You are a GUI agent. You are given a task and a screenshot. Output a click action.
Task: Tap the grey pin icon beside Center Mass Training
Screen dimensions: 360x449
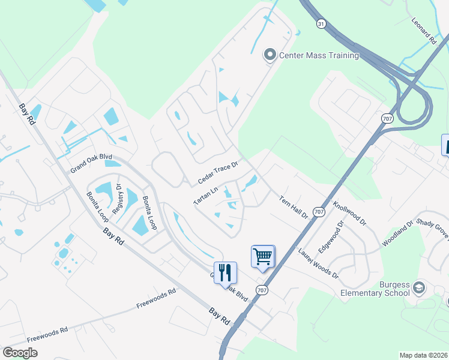click(x=270, y=55)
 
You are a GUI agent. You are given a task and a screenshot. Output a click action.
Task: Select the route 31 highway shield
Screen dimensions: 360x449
click(x=322, y=23)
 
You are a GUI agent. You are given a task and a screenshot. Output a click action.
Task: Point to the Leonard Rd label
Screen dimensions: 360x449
click(x=423, y=31)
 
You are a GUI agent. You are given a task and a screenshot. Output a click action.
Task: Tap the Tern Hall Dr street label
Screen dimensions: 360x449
click(x=294, y=206)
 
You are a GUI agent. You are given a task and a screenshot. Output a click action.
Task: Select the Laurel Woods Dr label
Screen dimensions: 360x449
click(x=318, y=263)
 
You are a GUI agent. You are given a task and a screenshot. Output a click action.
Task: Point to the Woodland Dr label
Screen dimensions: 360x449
click(x=398, y=235)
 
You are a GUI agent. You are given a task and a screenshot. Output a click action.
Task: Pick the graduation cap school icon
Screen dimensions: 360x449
click(x=418, y=289)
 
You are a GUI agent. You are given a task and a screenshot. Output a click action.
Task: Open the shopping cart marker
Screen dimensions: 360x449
click(x=263, y=257)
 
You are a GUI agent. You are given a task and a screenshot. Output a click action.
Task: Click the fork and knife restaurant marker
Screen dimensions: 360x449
click(x=225, y=272)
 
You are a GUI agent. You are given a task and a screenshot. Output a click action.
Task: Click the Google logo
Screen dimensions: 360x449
click(x=20, y=353)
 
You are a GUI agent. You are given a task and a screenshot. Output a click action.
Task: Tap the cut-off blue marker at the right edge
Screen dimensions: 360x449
click(x=445, y=145)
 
